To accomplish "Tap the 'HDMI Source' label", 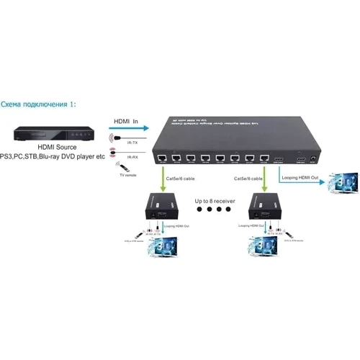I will (x=54, y=148).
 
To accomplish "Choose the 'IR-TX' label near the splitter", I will (x=132, y=143).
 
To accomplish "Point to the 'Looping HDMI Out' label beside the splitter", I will (x=297, y=176).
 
